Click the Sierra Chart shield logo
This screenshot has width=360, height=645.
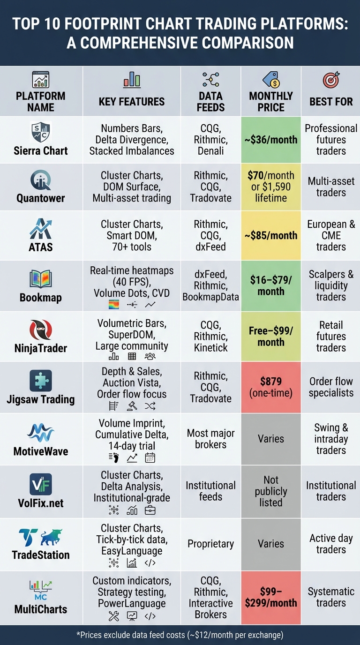41,132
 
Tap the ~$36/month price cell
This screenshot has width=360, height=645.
271,140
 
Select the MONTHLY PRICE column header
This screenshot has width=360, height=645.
271,101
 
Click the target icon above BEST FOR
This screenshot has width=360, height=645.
331,80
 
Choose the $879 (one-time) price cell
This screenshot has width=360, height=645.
271,387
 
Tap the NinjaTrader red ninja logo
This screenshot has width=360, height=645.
41,330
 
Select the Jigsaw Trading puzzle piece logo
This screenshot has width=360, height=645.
41,381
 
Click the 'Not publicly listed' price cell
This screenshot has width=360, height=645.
271,491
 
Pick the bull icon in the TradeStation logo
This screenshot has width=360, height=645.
51,537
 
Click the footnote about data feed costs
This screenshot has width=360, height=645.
180,635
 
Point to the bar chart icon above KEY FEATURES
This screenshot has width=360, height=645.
132,80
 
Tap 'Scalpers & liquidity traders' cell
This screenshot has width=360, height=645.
331,285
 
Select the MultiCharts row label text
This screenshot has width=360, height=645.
41,609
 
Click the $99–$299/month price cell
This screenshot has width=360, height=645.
271,597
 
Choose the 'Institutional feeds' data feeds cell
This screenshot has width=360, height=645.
210,491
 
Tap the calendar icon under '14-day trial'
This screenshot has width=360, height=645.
150,457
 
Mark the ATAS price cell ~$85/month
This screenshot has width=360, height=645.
271,235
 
